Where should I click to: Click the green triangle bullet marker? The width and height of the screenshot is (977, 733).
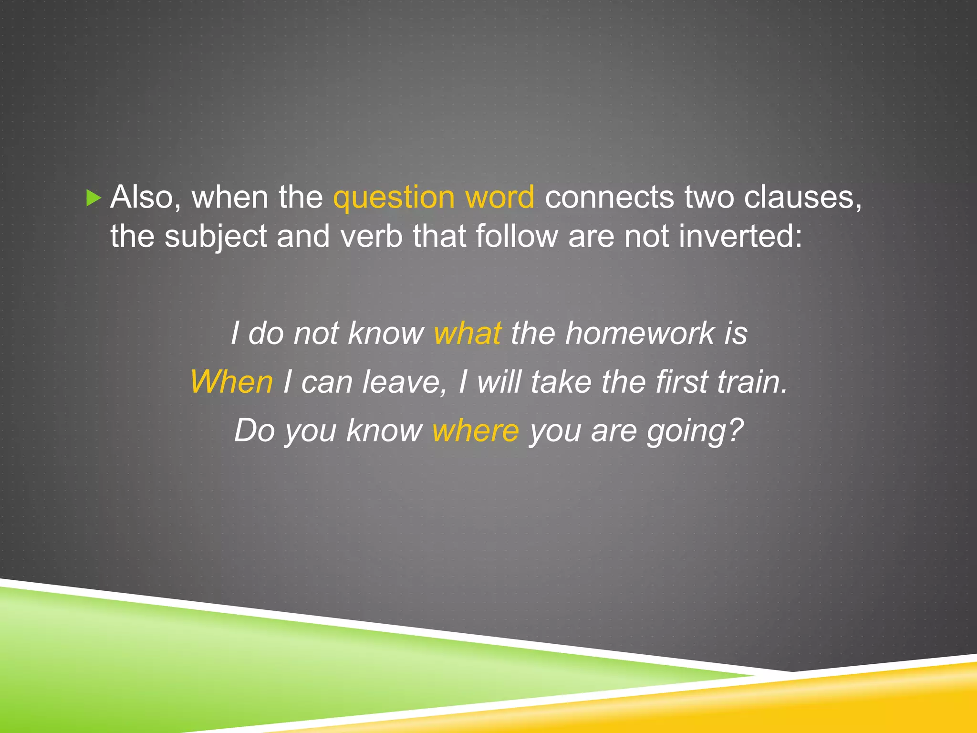tap(94, 198)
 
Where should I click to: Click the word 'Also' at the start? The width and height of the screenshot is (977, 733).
tap(141, 197)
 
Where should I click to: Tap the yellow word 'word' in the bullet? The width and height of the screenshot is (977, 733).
tap(499, 197)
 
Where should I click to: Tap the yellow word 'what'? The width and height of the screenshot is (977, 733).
tap(468, 333)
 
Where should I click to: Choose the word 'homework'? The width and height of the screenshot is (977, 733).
tap(640, 333)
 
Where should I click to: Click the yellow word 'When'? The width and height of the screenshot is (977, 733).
tap(231, 382)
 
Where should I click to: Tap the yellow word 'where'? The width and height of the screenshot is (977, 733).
tap(475, 430)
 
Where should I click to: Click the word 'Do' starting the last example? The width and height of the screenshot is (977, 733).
tap(254, 430)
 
